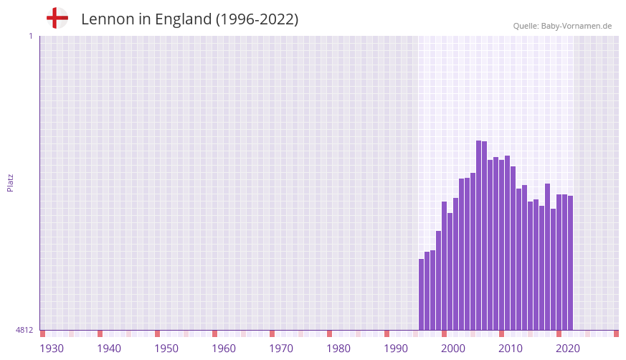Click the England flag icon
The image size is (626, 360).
tap(57, 18)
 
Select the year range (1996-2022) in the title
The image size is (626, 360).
tap(257, 19)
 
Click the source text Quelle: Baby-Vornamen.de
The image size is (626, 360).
tap(562, 26)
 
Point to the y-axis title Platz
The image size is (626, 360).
tap(10, 182)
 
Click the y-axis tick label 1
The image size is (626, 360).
tap(30, 36)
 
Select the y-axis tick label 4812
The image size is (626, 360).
tap(24, 331)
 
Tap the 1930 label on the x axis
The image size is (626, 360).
tap(52, 349)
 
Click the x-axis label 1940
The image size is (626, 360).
tap(109, 349)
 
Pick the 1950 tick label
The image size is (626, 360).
tap(166, 349)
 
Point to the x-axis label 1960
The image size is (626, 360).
tap(224, 349)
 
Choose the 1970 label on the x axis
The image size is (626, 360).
tap(281, 349)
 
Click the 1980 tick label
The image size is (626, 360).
tap(338, 349)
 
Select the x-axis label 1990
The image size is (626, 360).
tap(396, 349)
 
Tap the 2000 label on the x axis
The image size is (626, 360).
tap(453, 349)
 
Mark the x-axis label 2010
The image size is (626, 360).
tap(511, 349)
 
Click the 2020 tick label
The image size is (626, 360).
tap(568, 349)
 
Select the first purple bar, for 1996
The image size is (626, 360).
tap(422, 294)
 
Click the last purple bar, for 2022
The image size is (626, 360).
tap(571, 262)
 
